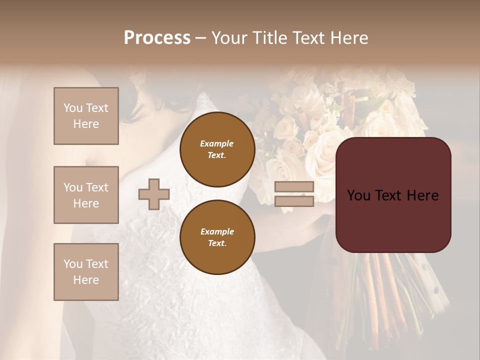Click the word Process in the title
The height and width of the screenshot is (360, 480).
click(157, 38)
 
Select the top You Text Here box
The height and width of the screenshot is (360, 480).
click(86, 116)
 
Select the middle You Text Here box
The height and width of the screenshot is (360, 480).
click(86, 195)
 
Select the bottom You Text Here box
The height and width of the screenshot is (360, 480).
click(86, 272)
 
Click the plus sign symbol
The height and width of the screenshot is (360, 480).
click(154, 194)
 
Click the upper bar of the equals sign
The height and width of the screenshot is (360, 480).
click(294, 187)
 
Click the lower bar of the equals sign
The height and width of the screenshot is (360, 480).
click(294, 201)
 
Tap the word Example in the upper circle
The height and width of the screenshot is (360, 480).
click(217, 144)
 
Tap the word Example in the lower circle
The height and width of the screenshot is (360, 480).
click(217, 231)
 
